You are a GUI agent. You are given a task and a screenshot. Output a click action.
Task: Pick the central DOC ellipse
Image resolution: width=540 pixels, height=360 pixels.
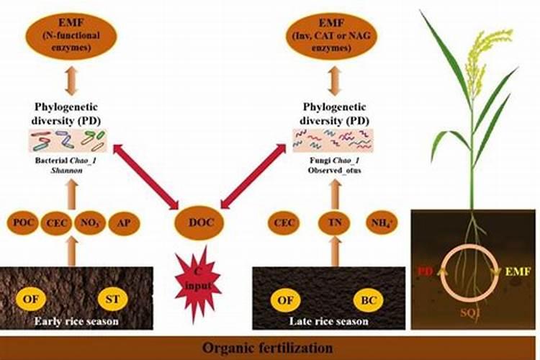click(196, 222)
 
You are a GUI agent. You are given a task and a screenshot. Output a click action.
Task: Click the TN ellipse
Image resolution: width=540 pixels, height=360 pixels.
click(333, 222)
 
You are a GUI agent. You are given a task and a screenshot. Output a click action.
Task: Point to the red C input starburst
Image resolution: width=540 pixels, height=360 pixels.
click(196, 276)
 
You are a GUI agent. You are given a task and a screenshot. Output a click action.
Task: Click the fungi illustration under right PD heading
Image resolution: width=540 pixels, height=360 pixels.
click(331, 138)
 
